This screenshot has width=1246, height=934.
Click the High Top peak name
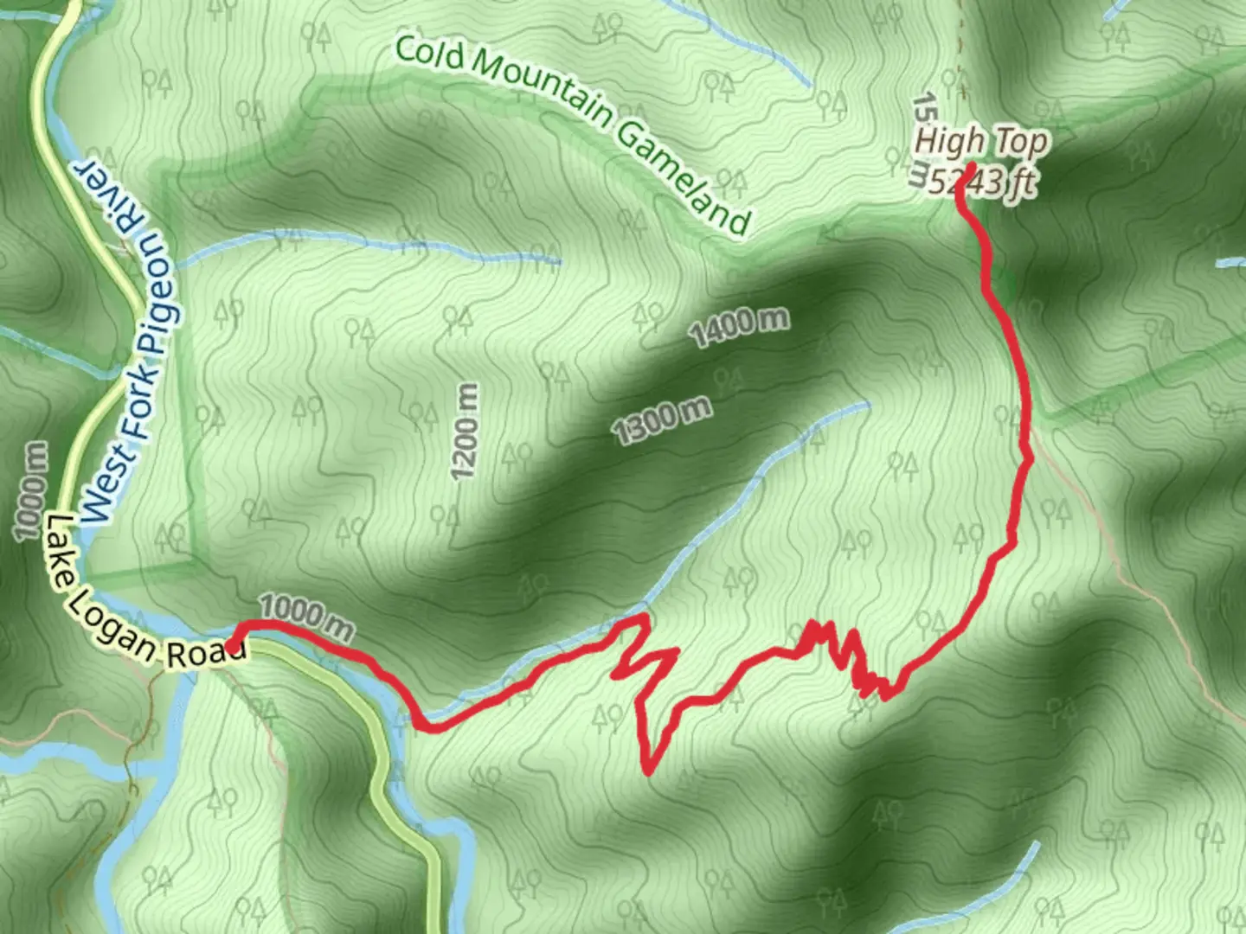981,141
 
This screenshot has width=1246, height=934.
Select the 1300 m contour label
663,419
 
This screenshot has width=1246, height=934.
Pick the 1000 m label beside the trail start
306,616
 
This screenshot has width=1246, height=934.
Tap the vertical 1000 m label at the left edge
31,490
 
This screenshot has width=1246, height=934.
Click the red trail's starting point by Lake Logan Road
234,647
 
